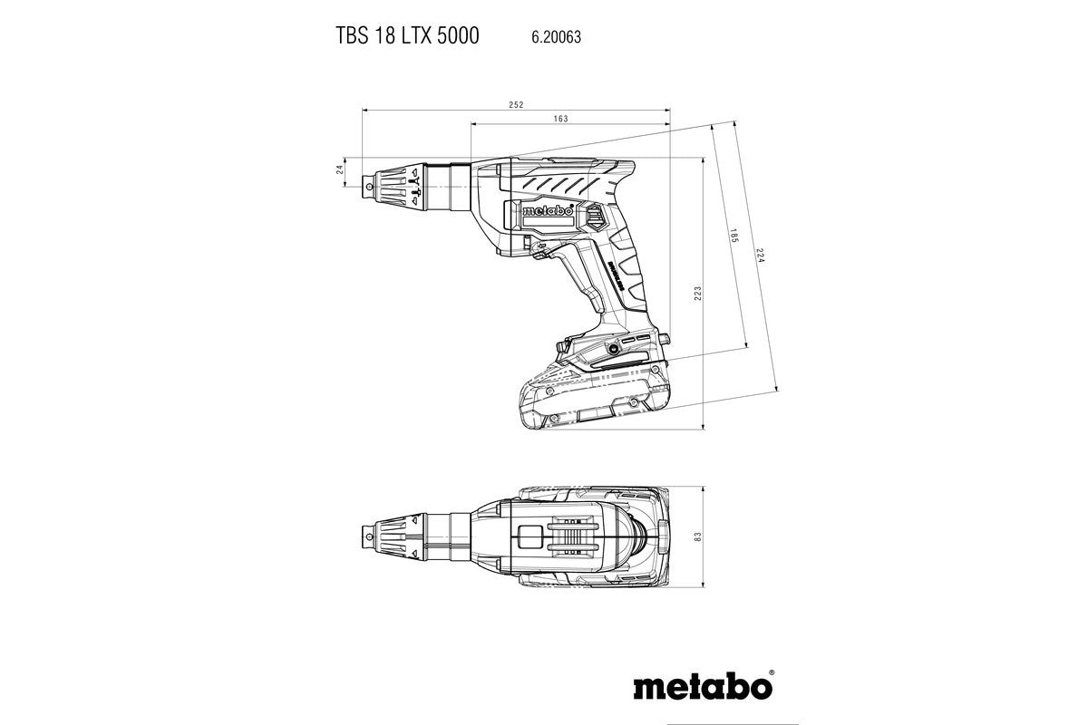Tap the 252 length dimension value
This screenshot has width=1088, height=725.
pyautogui.click(x=516, y=105)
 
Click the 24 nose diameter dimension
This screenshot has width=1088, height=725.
pyautogui.click(x=340, y=169)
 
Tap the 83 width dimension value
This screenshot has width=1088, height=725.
pyautogui.click(x=696, y=537)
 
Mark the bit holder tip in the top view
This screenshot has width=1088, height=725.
pyautogui.click(x=367, y=536)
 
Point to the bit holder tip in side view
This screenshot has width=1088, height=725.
pyautogui.click(x=367, y=185)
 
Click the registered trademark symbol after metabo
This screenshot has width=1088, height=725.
pyautogui.click(x=772, y=674)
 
